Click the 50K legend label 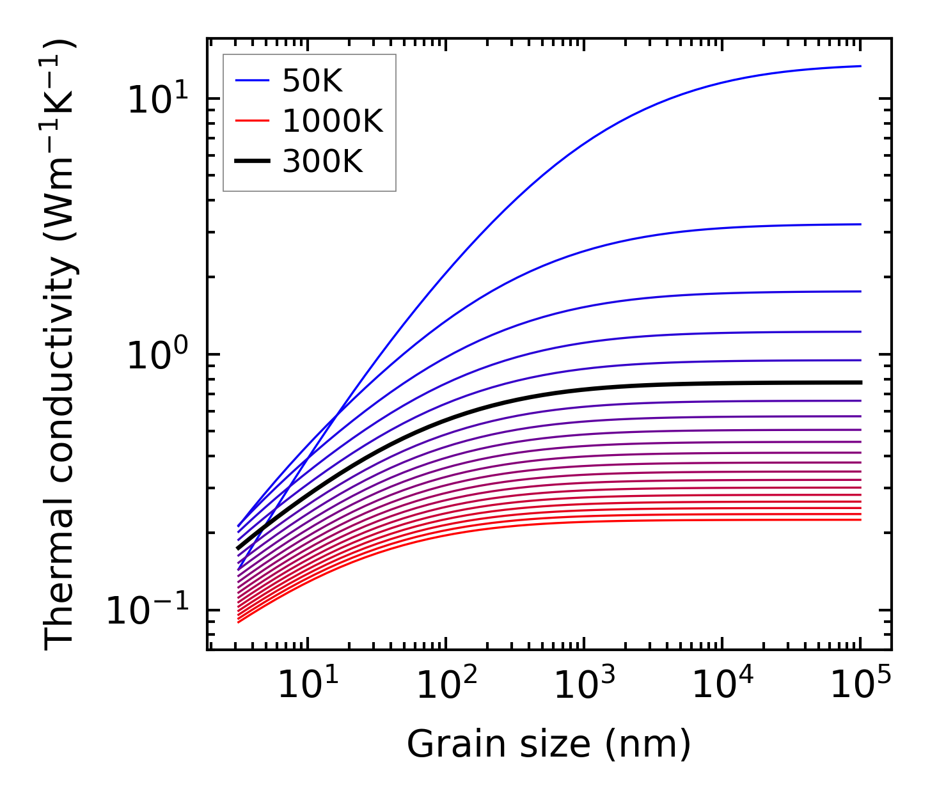point(312,81)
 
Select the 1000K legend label point(333,121)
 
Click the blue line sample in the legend point(253,81)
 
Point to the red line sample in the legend point(253,121)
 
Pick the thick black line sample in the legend point(253,162)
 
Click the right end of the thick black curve point(860,382)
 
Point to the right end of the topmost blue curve point(860,66)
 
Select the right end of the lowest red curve point(860,519)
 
